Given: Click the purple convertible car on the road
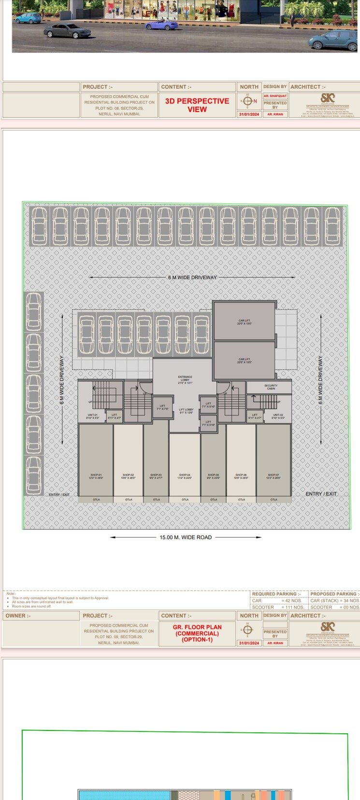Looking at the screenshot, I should coord(161,25).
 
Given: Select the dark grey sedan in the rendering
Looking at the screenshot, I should coord(67,31).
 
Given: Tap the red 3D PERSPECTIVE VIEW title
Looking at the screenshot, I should coord(197,105).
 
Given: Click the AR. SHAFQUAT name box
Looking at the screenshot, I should coord(275,96).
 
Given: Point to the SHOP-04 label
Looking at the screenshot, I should coord(185,476).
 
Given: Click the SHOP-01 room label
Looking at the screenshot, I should coord(96,476).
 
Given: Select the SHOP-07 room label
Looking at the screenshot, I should coord(273,476).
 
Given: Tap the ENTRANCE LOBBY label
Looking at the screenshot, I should coord(185,380).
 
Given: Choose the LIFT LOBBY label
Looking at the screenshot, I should coord(186,411).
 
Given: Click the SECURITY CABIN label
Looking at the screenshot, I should coord(271,387).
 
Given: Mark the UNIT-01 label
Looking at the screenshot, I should coord(93,416).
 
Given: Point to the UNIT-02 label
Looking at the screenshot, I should coord(278,416).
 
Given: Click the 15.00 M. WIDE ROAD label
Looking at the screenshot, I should coord(186,537).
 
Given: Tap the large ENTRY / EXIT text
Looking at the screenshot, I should coord(321,494).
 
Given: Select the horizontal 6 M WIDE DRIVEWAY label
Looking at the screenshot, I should coord(192,277).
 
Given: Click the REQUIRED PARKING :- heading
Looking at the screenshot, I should coord(276,594).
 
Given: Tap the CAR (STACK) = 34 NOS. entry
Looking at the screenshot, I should coord(334,600).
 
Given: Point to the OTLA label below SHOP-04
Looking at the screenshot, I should coord(185,500).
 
